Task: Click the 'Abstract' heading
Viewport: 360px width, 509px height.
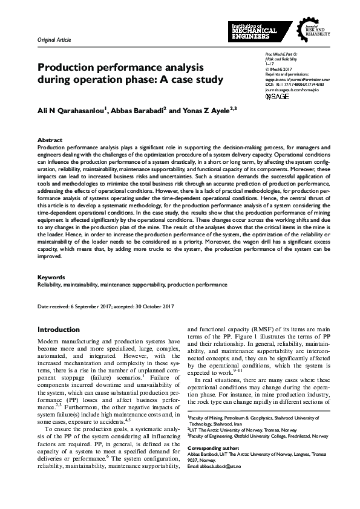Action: (x=50, y=139)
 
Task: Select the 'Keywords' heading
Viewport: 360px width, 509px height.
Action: (x=51, y=277)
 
